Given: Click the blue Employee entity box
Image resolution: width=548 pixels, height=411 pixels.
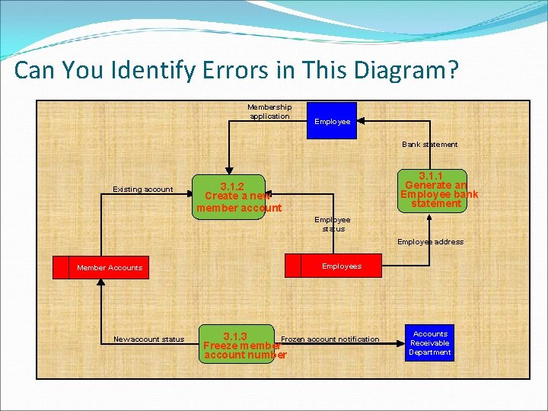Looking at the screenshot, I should coord(331,121).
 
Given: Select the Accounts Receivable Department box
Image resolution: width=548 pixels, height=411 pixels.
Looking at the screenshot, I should coord(430,343).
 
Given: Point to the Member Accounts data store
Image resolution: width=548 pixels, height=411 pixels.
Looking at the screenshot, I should coord(109,268).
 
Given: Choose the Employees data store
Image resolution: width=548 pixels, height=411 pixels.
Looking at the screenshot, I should coord(341,266).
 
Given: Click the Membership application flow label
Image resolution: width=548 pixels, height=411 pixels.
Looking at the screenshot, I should coord(269,112).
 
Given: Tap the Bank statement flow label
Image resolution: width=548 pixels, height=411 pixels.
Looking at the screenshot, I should coord(430,145).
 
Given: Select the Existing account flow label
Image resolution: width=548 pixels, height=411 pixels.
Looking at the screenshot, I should coord(142,190).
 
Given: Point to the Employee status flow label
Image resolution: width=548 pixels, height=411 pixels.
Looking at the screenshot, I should coord(333,224).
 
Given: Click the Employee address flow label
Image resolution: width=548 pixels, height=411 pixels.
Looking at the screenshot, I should coord(430,242).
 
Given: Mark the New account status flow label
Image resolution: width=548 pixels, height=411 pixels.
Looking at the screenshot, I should coord(148,339).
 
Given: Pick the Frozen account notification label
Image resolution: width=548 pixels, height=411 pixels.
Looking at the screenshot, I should coord(330,339).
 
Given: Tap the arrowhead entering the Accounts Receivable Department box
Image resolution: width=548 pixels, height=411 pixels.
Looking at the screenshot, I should coord(403,344).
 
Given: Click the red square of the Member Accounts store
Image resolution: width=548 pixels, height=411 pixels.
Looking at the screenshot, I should coord(61,268).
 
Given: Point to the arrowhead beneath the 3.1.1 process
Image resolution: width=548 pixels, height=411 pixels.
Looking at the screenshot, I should coord(430,218).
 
